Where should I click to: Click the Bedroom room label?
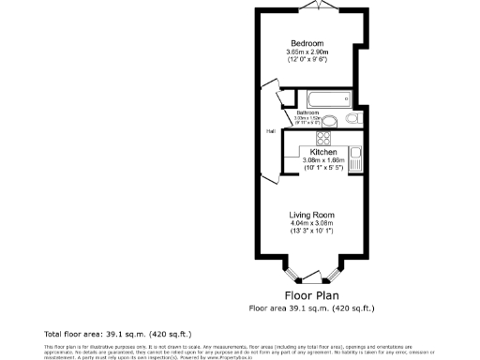[307, 44]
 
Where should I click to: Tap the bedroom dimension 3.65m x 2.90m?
[307, 52]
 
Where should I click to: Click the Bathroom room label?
[308, 112]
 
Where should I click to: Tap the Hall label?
[271, 130]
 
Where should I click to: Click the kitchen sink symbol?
[355, 156]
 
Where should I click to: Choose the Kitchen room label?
[323, 152]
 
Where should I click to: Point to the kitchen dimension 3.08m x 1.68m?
[324, 160]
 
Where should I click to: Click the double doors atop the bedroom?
[319, 6]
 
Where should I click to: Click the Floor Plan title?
[311, 294]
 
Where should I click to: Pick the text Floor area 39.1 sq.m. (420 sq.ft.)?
[311, 307]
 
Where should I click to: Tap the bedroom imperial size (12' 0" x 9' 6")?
[307, 61]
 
